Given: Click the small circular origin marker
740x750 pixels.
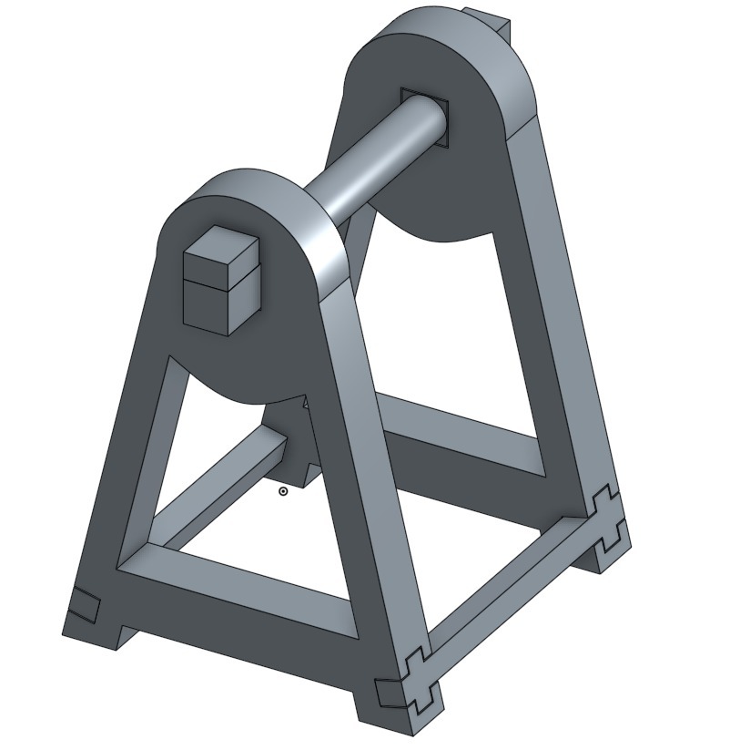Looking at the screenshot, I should tap(283, 491).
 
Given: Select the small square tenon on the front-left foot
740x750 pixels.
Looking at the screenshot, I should tap(85, 604).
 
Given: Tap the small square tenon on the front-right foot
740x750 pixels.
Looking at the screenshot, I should tap(390, 692).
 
